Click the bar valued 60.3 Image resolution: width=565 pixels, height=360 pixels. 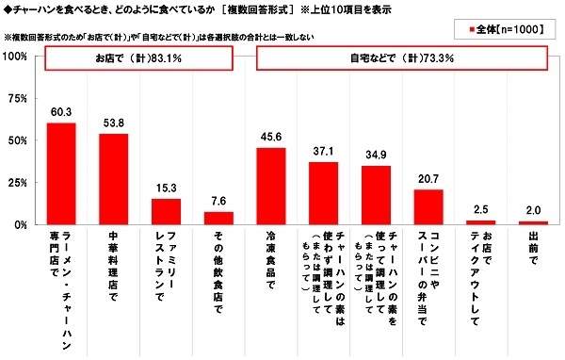[x=61, y=174]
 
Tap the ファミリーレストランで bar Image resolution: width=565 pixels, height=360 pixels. [x=166, y=212]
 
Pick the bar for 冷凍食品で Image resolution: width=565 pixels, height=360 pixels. [x=271, y=187]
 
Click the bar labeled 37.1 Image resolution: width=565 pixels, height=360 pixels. [x=323, y=194]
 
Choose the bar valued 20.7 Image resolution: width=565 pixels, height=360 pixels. [x=428, y=207]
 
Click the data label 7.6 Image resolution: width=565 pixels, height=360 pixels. [x=218, y=201]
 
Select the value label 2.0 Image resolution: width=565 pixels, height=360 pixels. [x=533, y=211]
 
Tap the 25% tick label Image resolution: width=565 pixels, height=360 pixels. [x=18, y=183]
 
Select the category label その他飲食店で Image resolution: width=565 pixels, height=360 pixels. [x=218, y=269]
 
